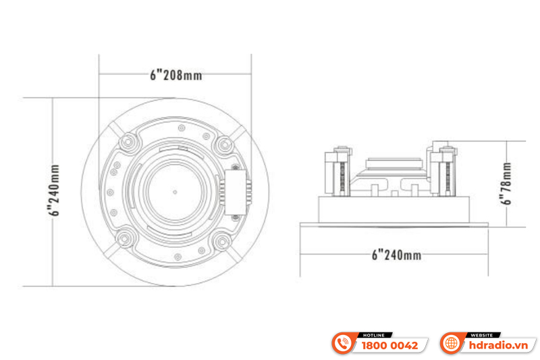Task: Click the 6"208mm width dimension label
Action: (175, 75)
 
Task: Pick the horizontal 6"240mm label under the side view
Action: (396, 255)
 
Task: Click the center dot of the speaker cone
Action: (175, 191)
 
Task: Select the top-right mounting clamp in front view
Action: (223, 143)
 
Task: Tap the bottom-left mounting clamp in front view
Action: (126, 240)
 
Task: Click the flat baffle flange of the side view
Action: (396, 220)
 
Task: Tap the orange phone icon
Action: (344, 344)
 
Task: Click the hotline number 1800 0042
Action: (390, 345)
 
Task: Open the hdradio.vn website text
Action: (500, 345)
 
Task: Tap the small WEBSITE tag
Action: (481, 334)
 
